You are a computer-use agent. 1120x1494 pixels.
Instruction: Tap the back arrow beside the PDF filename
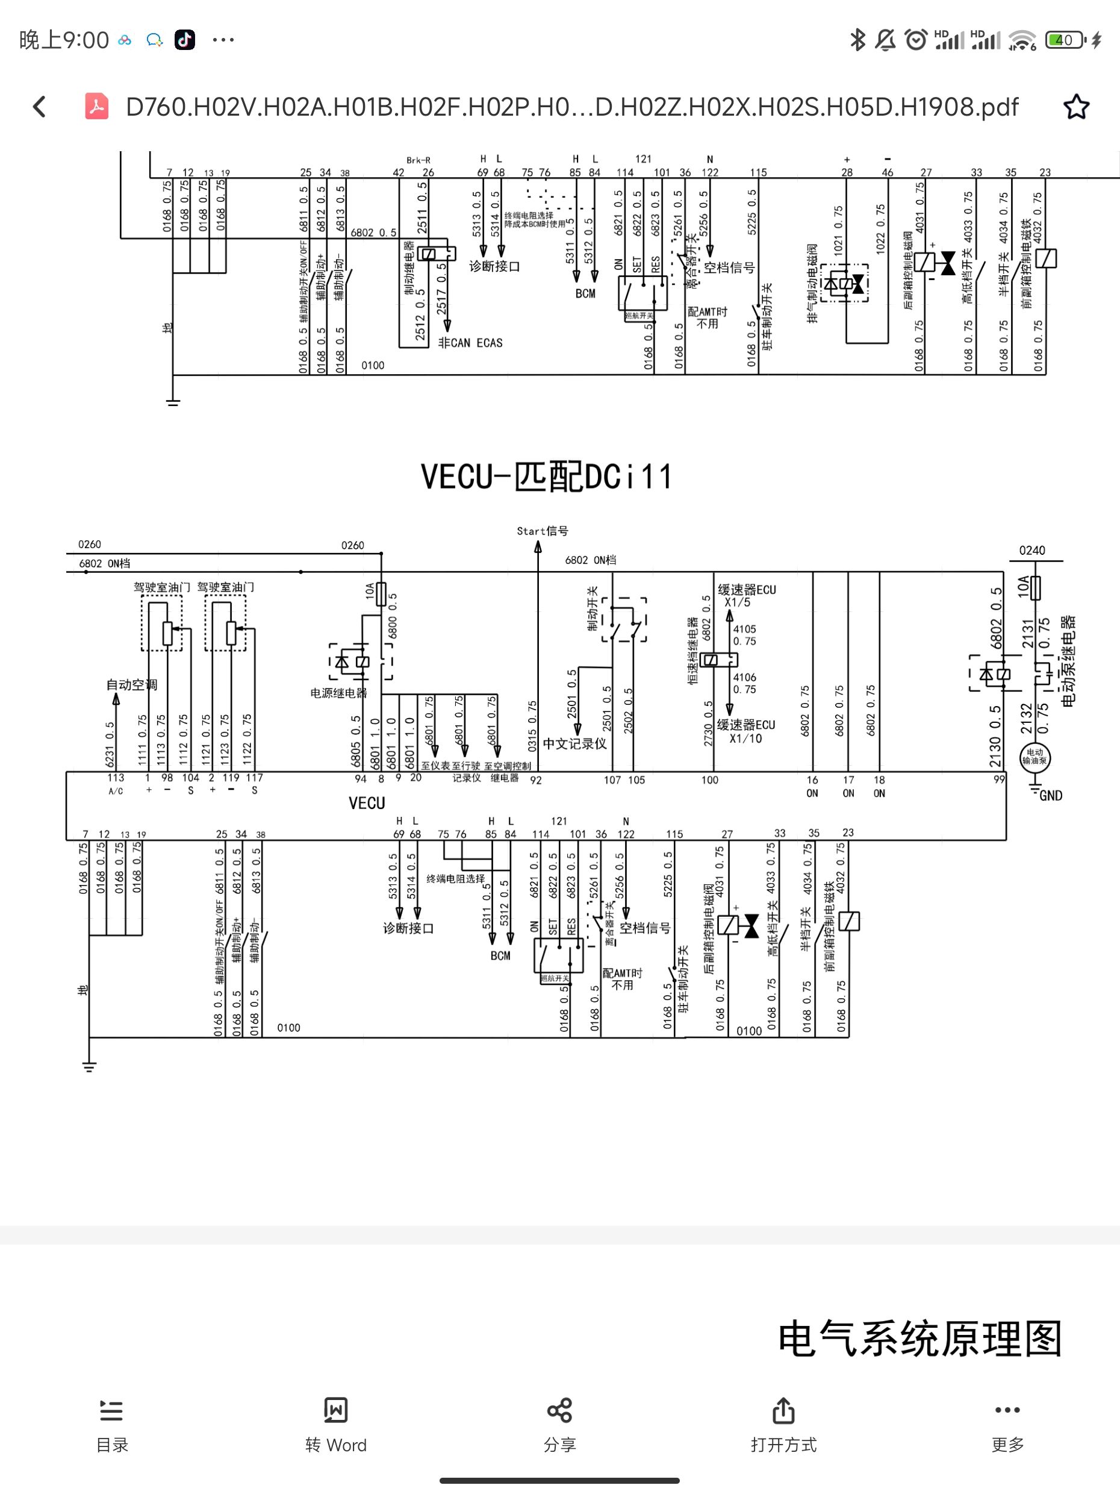point(40,107)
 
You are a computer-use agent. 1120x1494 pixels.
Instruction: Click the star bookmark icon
point(1075,107)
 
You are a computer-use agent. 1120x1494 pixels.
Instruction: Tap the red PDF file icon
point(96,107)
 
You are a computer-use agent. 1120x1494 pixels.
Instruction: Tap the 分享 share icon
point(559,1410)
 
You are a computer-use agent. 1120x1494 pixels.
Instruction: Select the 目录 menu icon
point(111,1410)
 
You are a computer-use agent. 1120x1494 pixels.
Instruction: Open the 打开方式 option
point(783,1410)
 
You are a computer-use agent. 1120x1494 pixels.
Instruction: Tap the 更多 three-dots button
point(1007,1410)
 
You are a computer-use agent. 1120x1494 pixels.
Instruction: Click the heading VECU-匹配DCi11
point(546,477)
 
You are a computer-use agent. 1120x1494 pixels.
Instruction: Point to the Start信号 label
point(542,531)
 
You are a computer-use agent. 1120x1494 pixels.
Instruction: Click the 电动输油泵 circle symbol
point(1034,757)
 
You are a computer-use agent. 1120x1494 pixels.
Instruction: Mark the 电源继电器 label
point(338,693)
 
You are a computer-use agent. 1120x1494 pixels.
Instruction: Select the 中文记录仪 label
point(574,743)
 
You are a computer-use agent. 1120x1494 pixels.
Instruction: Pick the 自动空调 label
point(132,684)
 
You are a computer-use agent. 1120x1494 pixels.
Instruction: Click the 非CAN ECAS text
point(470,343)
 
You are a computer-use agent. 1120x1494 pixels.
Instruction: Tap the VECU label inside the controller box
point(367,803)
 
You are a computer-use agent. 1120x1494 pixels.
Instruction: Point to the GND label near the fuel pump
point(1051,796)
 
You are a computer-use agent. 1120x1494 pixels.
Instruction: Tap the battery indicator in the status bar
point(1065,40)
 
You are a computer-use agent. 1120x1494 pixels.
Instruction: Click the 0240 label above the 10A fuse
point(1031,551)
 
